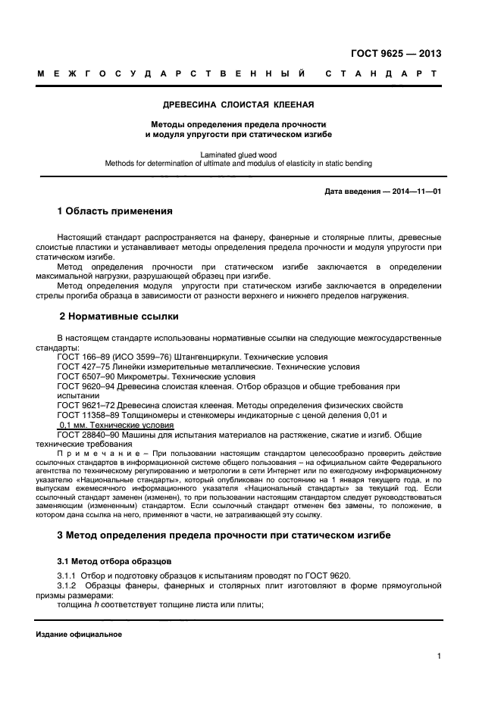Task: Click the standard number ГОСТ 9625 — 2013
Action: point(396,54)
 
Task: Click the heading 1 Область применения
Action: point(115,211)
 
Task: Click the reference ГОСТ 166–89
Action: point(81,357)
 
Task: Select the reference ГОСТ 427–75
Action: point(81,366)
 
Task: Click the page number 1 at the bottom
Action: point(439,657)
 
